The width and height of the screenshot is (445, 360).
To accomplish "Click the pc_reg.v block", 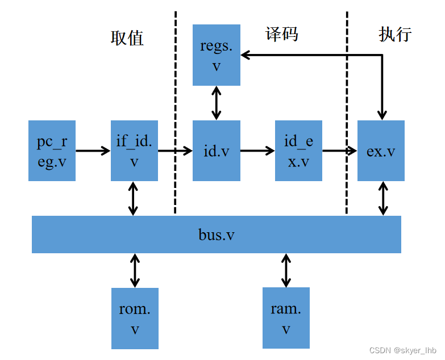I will click(52, 150).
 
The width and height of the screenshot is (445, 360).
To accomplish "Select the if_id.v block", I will click(134, 150).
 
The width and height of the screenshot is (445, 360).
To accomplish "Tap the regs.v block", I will click(216, 55).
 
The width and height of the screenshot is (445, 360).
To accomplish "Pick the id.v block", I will click(216, 150).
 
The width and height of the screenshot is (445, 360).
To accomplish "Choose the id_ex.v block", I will click(298, 150).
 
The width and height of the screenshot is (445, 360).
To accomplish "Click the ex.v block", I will click(381, 150).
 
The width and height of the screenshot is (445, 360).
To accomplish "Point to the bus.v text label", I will click(216, 235).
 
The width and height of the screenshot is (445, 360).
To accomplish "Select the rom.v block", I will click(135, 318).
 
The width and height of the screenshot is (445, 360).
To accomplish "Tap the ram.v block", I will click(286, 317).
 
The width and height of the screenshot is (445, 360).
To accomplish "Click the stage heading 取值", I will click(127, 38).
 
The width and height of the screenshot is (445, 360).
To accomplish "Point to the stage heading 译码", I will click(282, 35).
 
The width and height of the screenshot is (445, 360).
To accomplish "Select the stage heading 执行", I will click(395, 35).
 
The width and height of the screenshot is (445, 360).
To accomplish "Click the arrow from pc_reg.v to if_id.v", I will click(93, 150).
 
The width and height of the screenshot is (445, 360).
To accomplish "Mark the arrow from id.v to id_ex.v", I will click(257, 150).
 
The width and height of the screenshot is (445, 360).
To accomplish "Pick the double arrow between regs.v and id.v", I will click(216, 103).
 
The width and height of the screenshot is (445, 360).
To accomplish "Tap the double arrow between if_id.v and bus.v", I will click(133, 198).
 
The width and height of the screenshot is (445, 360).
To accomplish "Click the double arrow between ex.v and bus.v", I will click(383, 198).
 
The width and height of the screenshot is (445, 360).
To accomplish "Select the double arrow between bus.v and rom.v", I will click(135, 270).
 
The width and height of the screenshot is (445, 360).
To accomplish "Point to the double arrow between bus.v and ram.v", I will click(285, 270).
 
